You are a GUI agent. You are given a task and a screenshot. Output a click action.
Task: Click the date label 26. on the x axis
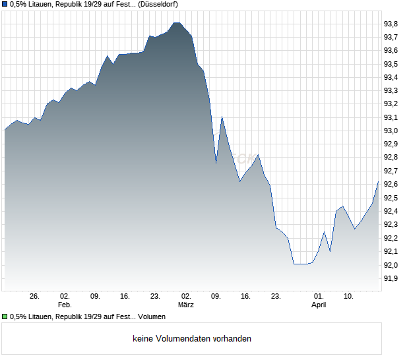point(35,297)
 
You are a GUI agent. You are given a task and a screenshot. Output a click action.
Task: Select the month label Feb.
point(65,305)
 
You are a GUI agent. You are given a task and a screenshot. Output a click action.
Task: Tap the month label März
point(186,305)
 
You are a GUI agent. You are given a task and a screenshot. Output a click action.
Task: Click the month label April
point(319,305)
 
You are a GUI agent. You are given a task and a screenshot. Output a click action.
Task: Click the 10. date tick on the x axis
point(348,297)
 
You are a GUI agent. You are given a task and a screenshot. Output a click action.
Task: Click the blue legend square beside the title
point(5,4)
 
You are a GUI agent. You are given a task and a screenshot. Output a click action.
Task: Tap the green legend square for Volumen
point(5,317)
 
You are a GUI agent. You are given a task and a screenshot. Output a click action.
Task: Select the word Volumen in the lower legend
point(151,317)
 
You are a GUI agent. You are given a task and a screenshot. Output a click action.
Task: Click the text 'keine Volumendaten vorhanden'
point(192,339)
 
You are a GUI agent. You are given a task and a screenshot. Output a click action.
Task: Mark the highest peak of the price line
point(176,22)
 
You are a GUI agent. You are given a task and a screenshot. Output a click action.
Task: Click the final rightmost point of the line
point(378,181)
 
